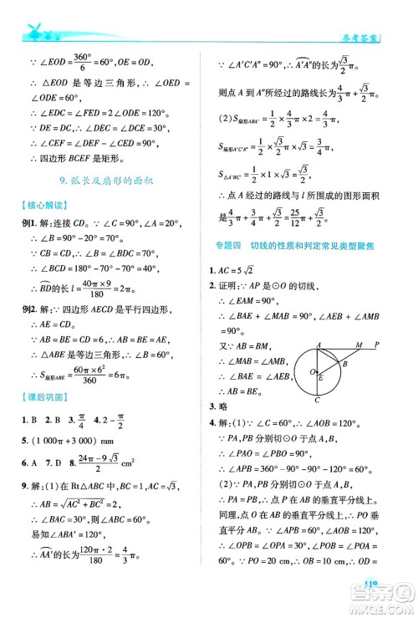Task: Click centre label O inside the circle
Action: (306, 371)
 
